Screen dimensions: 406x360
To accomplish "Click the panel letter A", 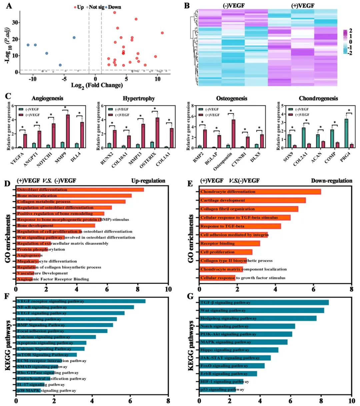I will (9, 6).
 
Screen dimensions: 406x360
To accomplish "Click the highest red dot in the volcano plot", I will (114, 13).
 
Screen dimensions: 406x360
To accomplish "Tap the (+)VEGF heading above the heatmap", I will (302, 6).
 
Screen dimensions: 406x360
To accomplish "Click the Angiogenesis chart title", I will (47, 98).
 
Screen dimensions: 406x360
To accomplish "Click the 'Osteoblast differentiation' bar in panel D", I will (80, 190).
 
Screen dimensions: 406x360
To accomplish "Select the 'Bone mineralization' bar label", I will (37, 196).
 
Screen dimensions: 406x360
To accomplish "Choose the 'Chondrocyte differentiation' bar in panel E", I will (260, 192).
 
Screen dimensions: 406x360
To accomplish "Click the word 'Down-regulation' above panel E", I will (331, 181).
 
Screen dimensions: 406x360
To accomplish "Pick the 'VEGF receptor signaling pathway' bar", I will (81, 301).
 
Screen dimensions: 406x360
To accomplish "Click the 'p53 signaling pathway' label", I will (222, 389).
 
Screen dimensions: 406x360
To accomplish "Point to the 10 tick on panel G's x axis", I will (351, 401).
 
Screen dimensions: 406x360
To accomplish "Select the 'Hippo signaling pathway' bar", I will (239, 350).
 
